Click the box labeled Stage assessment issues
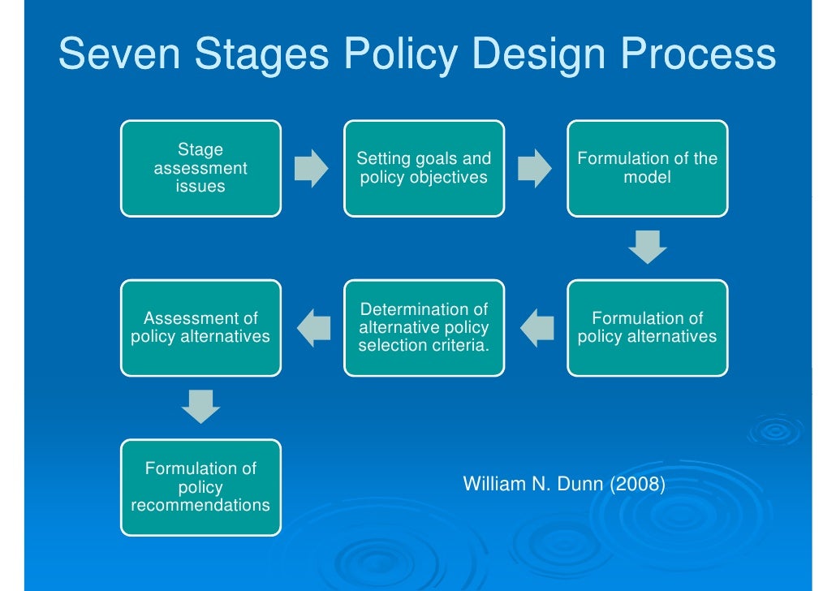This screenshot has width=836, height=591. click(200, 168)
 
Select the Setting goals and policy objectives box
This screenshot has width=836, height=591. click(424, 168)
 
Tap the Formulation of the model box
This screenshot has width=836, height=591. click(647, 168)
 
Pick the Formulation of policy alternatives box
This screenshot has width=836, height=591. click(647, 327)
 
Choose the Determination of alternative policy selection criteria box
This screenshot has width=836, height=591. click(424, 327)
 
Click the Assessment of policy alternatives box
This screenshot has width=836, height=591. click(200, 327)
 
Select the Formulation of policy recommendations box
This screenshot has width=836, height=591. click(200, 487)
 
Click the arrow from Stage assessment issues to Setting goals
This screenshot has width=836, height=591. click(312, 168)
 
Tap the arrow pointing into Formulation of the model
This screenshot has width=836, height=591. click(535, 168)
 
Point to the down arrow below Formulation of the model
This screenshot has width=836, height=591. click(647, 248)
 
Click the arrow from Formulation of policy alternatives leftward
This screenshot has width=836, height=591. click(535, 328)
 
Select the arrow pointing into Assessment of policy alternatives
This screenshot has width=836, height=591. click(312, 328)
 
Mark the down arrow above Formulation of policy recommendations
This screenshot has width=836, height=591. click(200, 407)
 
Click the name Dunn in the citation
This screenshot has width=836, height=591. click(575, 485)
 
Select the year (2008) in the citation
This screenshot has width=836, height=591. click(637, 485)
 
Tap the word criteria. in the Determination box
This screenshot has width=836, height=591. click(459, 346)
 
